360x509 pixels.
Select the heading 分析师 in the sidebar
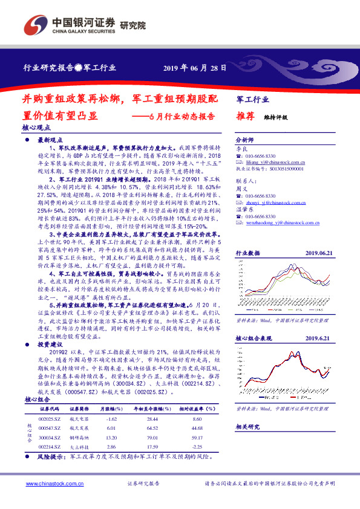coord(244,138)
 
